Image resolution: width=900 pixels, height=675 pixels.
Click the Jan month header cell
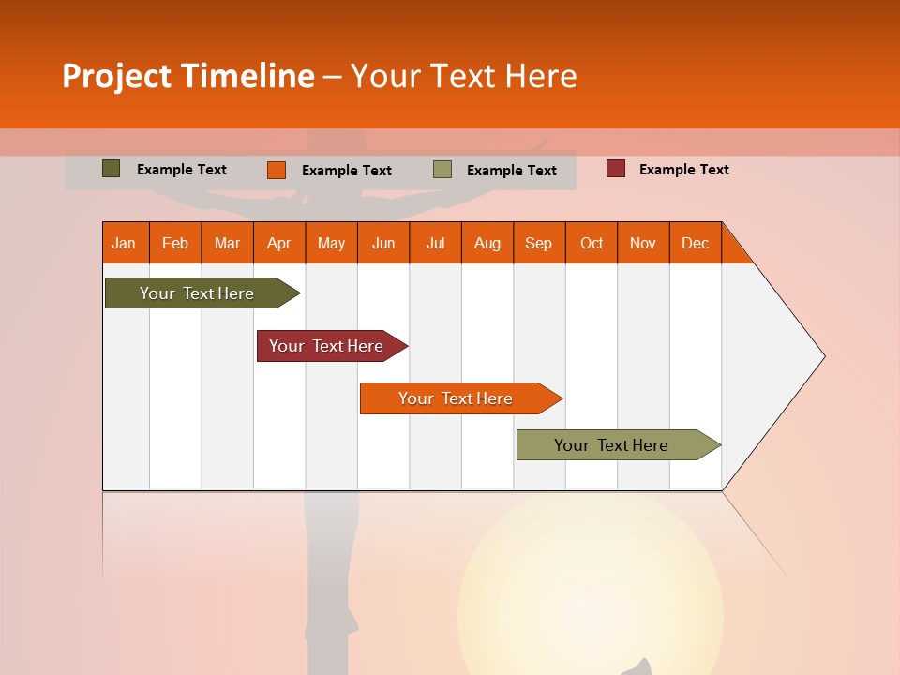click(x=125, y=243)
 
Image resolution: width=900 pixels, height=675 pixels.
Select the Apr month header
click(x=279, y=243)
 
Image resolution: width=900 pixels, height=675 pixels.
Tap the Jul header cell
click(x=435, y=243)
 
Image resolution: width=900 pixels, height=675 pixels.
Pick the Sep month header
click(x=538, y=243)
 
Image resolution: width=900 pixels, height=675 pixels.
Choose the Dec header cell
click(x=695, y=243)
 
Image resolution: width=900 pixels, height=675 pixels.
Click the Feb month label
click(x=175, y=243)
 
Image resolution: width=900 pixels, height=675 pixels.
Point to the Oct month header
click(x=592, y=243)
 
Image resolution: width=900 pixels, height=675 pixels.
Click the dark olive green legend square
click(x=112, y=169)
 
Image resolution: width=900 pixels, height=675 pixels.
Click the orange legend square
click(x=277, y=170)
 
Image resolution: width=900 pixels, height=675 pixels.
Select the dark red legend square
click(x=616, y=169)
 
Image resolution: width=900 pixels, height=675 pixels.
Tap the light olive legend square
click(x=442, y=170)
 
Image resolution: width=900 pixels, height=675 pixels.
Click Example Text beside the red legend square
click(x=683, y=170)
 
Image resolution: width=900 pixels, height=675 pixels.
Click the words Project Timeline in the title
click(x=188, y=76)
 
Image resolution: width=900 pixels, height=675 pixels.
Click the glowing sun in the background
click(x=591, y=600)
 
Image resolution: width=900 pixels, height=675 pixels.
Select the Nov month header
click(x=643, y=243)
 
